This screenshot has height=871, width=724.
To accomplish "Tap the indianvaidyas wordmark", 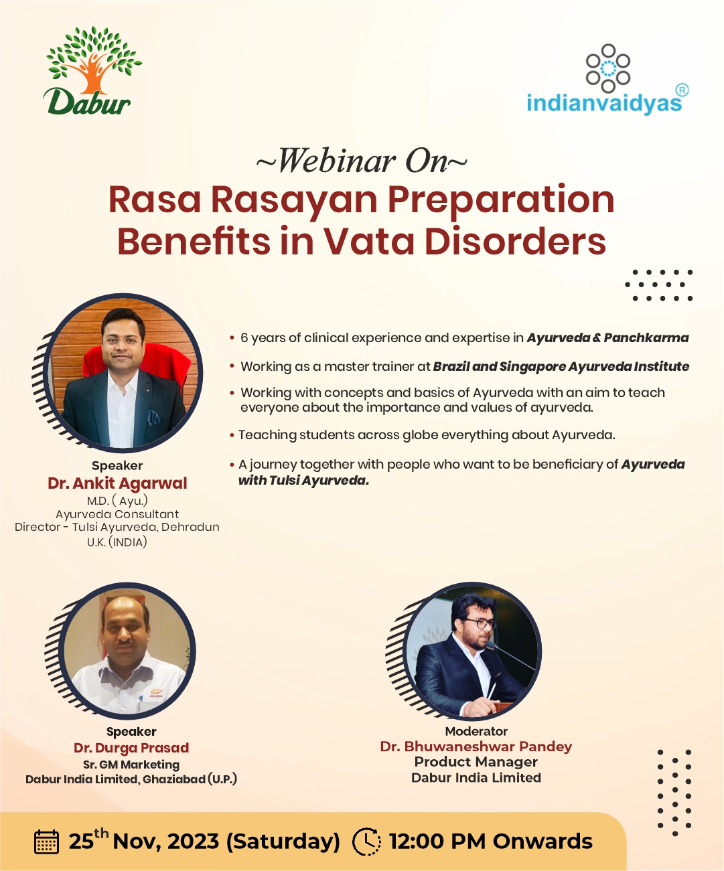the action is pos(604,103).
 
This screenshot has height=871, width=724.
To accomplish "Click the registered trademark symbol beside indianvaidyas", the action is pos(682,90).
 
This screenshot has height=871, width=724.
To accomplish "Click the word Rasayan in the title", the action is pos(295,201).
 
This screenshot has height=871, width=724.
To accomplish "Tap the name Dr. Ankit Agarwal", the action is pos(117,483).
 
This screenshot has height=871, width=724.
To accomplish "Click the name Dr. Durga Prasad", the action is pos(131,748).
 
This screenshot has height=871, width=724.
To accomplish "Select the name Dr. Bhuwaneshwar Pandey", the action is pos(476,746).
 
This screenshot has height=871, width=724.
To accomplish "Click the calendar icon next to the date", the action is pos(46,842).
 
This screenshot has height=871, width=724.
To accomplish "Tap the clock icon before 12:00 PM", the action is pos(366,841).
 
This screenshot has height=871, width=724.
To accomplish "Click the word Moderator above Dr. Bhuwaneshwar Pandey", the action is pos(476,731).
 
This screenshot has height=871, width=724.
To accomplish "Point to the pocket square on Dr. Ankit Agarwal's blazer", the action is pos(153,418).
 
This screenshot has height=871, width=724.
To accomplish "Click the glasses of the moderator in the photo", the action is pos(481,624).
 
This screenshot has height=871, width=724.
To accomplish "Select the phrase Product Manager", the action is pos(476,762).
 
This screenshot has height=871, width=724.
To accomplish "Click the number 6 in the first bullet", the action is pos(244,337).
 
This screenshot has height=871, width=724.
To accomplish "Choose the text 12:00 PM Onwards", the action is pos(491,841).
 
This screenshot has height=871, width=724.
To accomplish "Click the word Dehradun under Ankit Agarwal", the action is pos(190,528).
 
